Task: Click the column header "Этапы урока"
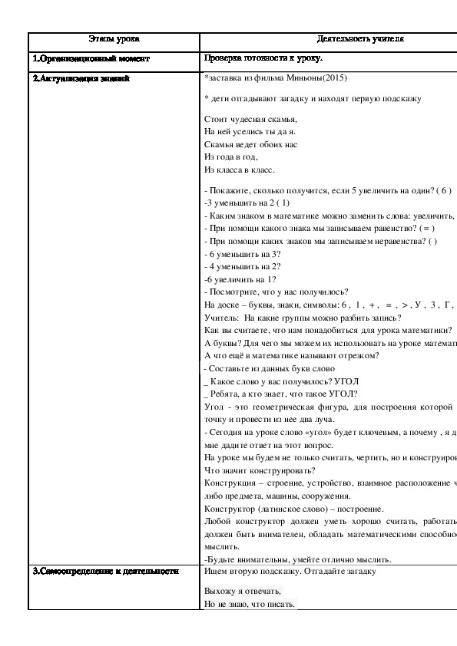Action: point(114,38)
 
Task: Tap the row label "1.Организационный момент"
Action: point(91,58)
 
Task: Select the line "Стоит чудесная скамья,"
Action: point(250,119)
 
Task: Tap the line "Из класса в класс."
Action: point(239,170)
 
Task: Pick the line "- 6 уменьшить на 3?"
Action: point(242,253)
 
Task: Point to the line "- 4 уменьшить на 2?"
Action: point(242,265)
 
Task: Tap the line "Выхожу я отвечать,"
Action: point(243,591)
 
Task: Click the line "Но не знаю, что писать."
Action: point(250,604)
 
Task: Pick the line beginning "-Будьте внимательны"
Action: point(298,559)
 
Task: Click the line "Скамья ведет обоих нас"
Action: point(250,144)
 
